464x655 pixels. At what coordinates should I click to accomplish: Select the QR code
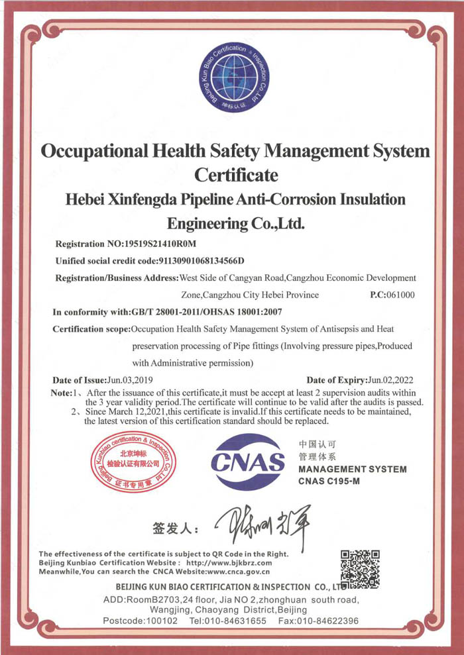pos(359,569)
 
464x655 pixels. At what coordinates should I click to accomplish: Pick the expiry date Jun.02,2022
pos(391,380)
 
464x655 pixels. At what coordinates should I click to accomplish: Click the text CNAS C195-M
pos(329,481)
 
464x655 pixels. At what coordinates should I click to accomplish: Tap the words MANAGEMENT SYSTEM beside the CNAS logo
pos(353,470)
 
